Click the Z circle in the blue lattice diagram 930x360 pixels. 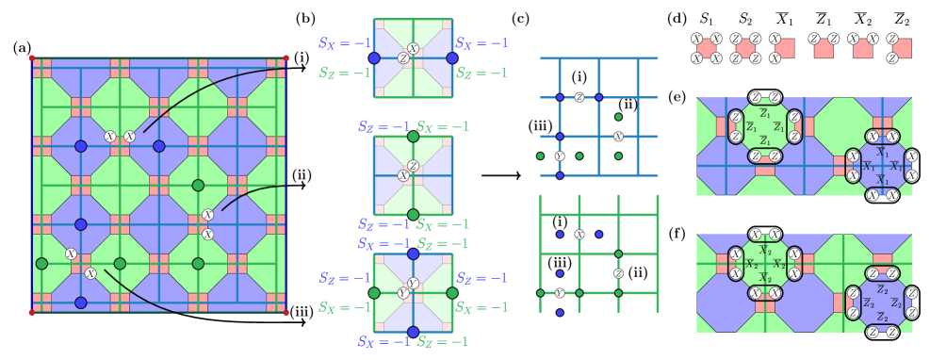point(579,97)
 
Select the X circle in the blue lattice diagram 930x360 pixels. point(618,136)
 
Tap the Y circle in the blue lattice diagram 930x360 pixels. point(560,155)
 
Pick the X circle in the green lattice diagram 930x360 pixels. point(579,234)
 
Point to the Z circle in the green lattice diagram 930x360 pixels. point(618,273)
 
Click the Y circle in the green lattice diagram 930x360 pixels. point(560,293)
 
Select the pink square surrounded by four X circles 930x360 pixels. point(707,48)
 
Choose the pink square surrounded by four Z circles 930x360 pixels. point(745,48)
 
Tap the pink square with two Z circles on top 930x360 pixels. point(824,48)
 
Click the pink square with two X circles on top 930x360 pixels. point(862,48)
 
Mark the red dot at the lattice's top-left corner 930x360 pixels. point(31,57)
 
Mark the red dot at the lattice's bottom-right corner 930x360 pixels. point(286,312)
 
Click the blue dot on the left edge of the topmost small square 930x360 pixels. point(374,57)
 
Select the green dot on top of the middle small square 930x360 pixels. point(413,137)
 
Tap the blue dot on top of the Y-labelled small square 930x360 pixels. point(413,254)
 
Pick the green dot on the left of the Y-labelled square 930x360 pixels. point(374,293)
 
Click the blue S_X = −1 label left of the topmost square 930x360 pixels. point(344,43)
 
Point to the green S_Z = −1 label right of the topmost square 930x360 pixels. point(481,73)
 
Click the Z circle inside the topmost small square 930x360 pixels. point(403,58)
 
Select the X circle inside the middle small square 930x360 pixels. point(403,175)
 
